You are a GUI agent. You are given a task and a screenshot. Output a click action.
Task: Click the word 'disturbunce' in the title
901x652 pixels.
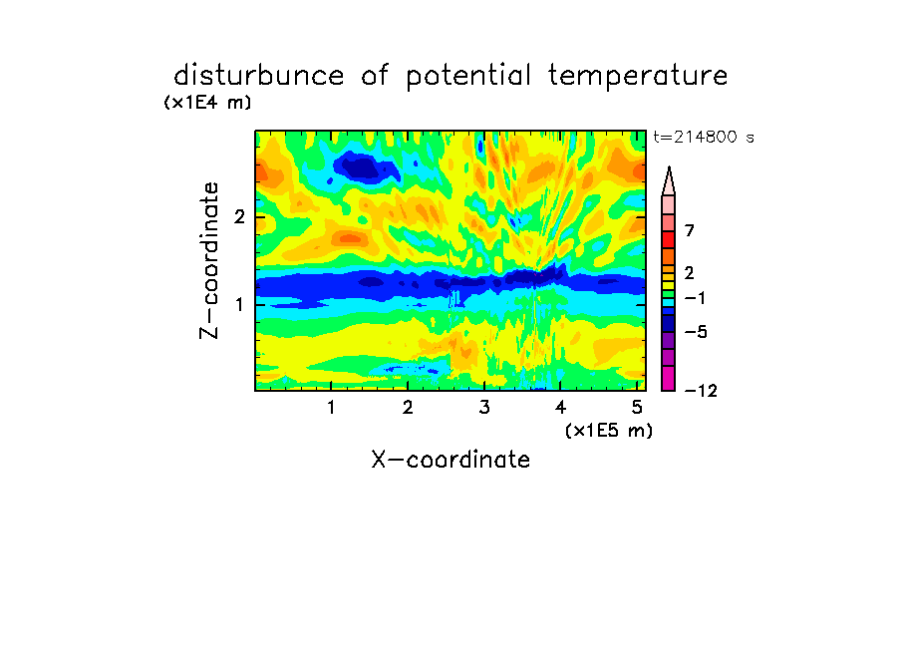[x=258, y=76]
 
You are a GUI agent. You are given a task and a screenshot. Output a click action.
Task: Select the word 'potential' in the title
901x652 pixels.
[x=468, y=77]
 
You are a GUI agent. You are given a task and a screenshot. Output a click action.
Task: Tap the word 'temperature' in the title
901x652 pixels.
[x=638, y=77]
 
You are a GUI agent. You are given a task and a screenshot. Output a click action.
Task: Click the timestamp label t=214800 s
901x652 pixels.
[x=704, y=137]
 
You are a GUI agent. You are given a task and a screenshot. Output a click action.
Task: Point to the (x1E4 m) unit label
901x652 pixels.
[x=207, y=103]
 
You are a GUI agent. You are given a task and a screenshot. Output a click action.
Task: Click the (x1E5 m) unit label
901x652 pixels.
[x=609, y=431]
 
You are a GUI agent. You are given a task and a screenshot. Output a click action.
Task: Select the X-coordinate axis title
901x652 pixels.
[x=450, y=460]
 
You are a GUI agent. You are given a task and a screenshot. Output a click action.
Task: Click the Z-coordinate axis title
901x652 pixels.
[x=209, y=260]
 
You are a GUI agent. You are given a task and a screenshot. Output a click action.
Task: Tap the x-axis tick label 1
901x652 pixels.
[x=332, y=408]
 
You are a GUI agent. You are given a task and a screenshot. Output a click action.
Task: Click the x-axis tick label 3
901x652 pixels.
[x=484, y=408]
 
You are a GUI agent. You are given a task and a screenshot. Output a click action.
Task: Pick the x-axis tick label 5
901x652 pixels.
[x=637, y=408]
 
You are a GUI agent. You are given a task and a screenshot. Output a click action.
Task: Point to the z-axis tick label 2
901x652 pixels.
[x=239, y=217]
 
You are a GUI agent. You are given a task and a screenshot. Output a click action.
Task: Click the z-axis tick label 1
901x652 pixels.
[x=239, y=304]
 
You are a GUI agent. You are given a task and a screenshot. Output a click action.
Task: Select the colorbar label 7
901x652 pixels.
[x=690, y=230]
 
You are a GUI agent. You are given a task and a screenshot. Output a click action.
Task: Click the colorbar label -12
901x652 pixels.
[x=701, y=391]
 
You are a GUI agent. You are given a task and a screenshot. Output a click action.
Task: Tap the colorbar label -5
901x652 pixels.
[x=696, y=332]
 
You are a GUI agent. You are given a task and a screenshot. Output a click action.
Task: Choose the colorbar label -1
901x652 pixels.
[x=695, y=298]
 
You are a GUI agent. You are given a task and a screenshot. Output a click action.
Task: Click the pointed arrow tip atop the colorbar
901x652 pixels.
[x=669, y=167]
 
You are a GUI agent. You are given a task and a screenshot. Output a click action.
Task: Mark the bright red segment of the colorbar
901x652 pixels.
[x=669, y=239]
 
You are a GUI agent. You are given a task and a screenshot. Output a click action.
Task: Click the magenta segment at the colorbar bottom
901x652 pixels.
[x=669, y=378]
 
